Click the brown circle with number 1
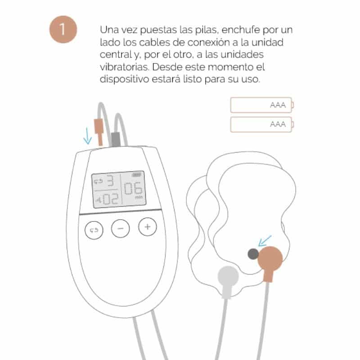pos(63,29)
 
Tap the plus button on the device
pos(148,227)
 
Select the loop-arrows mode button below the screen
pos(94,230)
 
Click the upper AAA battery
pos(262,105)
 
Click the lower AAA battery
pos(262,125)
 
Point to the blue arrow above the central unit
pos(87,136)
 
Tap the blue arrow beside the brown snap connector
pos(265,241)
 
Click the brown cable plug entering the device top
pos(99,132)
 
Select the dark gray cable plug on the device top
pos(116,139)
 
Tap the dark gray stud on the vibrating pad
pos(253,254)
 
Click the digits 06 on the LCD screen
pos(133,188)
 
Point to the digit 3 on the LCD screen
pos(110,181)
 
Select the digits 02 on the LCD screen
pos(111,199)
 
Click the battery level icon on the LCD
pos(136,175)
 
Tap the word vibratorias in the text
pos(125,67)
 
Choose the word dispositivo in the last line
pos(125,79)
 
